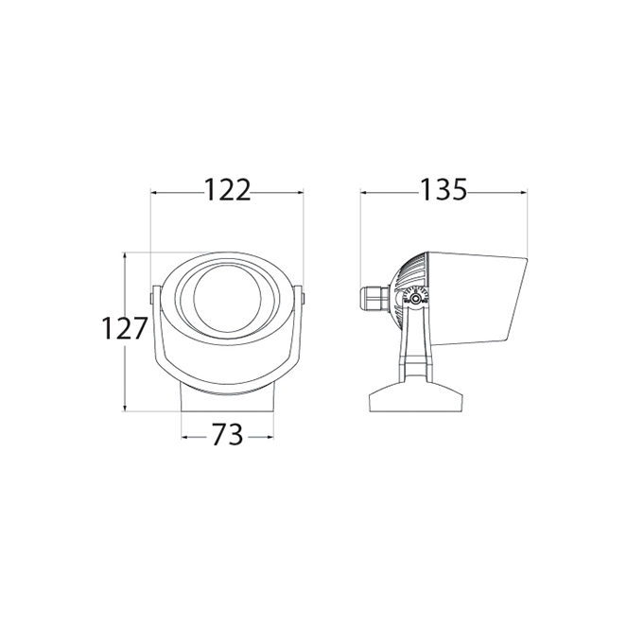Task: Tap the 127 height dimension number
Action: click(x=125, y=329)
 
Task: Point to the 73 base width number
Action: click(x=227, y=434)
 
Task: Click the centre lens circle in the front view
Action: click(x=227, y=298)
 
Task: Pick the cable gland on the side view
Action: click(x=374, y=298)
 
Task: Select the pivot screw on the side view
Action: click(x=416, y=298)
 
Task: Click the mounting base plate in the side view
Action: click(x=416, y=396)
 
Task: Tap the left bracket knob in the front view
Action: click(x=151, y=298)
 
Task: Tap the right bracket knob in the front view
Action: click(x=304, y=298)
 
